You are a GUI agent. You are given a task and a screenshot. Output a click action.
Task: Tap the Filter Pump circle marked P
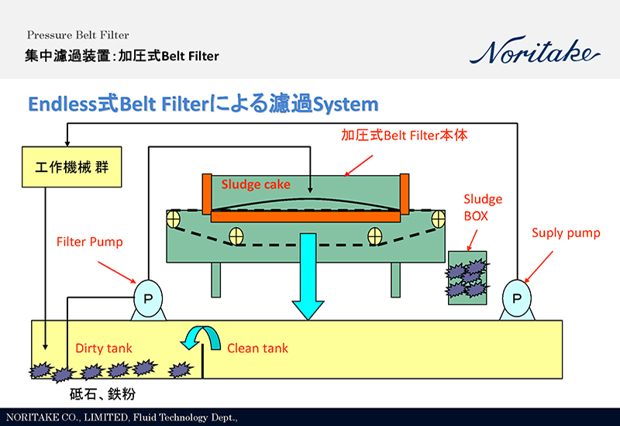148,298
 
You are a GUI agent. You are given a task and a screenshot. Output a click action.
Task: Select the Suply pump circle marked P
516,298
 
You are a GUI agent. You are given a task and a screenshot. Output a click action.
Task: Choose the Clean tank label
257,349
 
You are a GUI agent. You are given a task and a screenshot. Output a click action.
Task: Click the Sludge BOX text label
482,208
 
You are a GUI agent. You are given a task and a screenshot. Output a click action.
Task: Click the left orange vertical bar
207,194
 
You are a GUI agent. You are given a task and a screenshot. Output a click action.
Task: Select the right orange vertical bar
404,194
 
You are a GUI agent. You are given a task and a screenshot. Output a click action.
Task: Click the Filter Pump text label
89,242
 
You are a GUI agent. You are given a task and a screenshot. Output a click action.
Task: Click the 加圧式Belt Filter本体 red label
405,135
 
